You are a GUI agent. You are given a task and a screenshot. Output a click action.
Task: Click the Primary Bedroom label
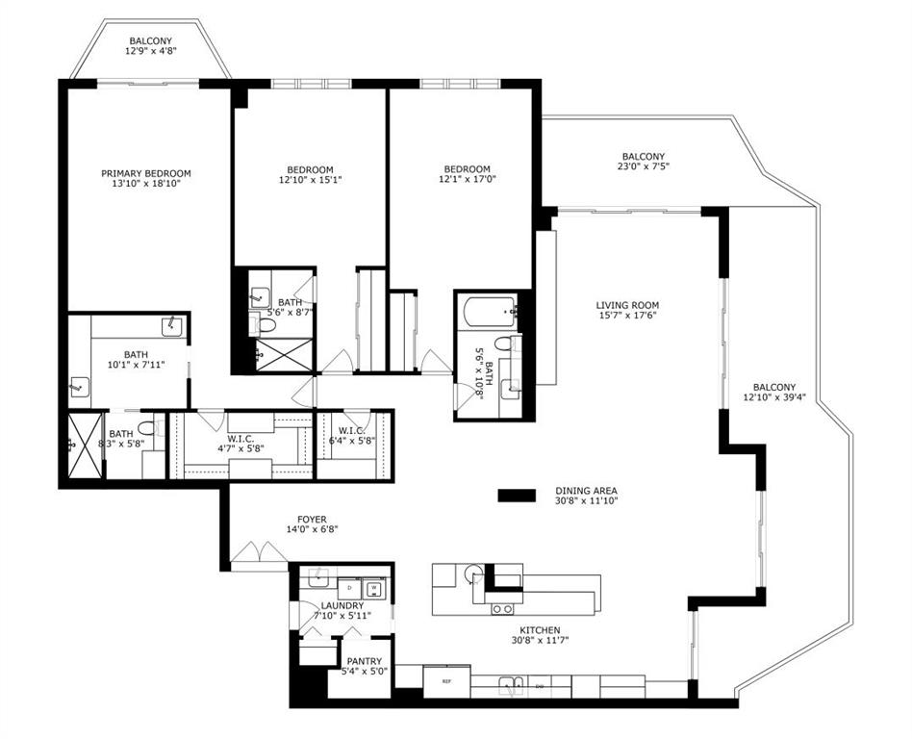(146, 173)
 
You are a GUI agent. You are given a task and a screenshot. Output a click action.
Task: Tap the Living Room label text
(627, 305)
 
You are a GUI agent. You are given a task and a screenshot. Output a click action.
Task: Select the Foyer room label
(312, 519)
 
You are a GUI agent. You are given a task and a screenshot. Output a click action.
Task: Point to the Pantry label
(364, 661)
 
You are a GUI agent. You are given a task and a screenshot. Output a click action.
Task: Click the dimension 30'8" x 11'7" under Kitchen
(539, 641)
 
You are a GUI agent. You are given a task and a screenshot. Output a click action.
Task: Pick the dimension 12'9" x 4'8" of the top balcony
(151, 51)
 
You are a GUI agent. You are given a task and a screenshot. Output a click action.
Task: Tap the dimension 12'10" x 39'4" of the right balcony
(774, 397)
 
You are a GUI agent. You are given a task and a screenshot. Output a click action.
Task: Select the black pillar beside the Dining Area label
(517, 496)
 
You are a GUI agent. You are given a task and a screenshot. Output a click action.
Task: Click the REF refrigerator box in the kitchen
(446, 681)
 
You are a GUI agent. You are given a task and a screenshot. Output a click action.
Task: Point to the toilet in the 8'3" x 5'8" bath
(148, 428)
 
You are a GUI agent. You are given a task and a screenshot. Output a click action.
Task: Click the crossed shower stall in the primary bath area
(85, 446)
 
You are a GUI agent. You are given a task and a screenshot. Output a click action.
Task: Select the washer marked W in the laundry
(373, 588)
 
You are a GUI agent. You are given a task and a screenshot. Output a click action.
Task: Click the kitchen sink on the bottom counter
(511, 686)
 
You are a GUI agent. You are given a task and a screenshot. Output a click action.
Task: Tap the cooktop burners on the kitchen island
(502, 609)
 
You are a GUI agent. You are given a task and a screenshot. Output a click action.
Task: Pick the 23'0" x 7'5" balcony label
(644, 162)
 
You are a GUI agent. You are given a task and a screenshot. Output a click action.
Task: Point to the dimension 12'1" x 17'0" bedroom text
(467, 179)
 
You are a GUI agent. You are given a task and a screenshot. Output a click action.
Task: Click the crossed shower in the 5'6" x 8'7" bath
(285, 354)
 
